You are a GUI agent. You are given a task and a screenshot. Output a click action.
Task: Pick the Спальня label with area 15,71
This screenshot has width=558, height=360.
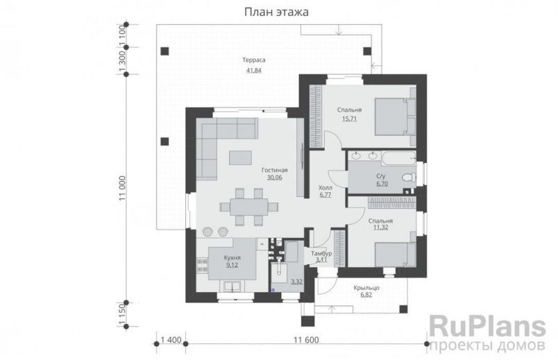[349, 110]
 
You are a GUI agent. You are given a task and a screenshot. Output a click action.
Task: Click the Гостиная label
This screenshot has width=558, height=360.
[274, 169]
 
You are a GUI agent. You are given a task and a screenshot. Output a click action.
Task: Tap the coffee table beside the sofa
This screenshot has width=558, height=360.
[242, 157]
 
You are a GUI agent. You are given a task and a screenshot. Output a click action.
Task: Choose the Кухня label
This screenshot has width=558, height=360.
[232, 257]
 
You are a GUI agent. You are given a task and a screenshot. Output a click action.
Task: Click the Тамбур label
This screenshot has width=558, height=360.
[321, 254]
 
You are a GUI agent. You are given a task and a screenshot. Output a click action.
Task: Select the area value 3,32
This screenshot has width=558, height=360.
[296, 281]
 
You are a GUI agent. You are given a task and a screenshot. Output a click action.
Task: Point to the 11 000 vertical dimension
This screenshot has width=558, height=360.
[122, 189]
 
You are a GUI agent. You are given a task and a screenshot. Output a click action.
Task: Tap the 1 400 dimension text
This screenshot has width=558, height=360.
[171, 339]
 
